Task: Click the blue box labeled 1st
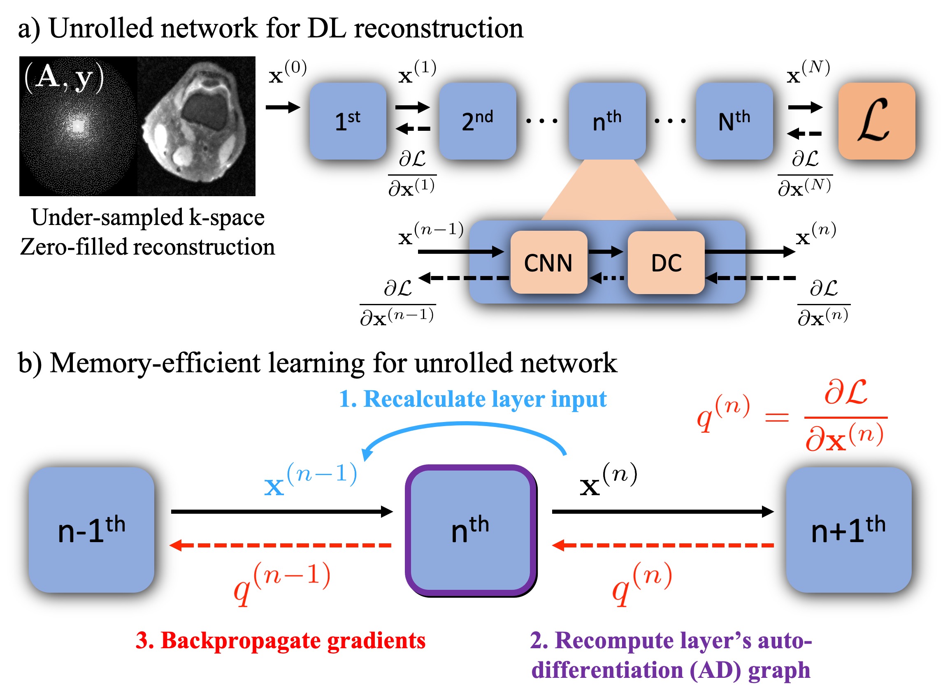point(347,121)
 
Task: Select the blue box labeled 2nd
point(477,121)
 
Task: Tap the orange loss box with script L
point(876,121)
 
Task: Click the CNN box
point(548,262)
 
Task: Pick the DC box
point(666,262)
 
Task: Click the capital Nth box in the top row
point(734,121)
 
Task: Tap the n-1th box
point(91,530)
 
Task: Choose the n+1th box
point(848,530)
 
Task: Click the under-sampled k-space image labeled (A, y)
point(78,126)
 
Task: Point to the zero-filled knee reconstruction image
point(196,126)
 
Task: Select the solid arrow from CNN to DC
point(606,252)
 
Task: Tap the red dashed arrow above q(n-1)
point(281,545)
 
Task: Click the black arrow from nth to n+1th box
point(662,512)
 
